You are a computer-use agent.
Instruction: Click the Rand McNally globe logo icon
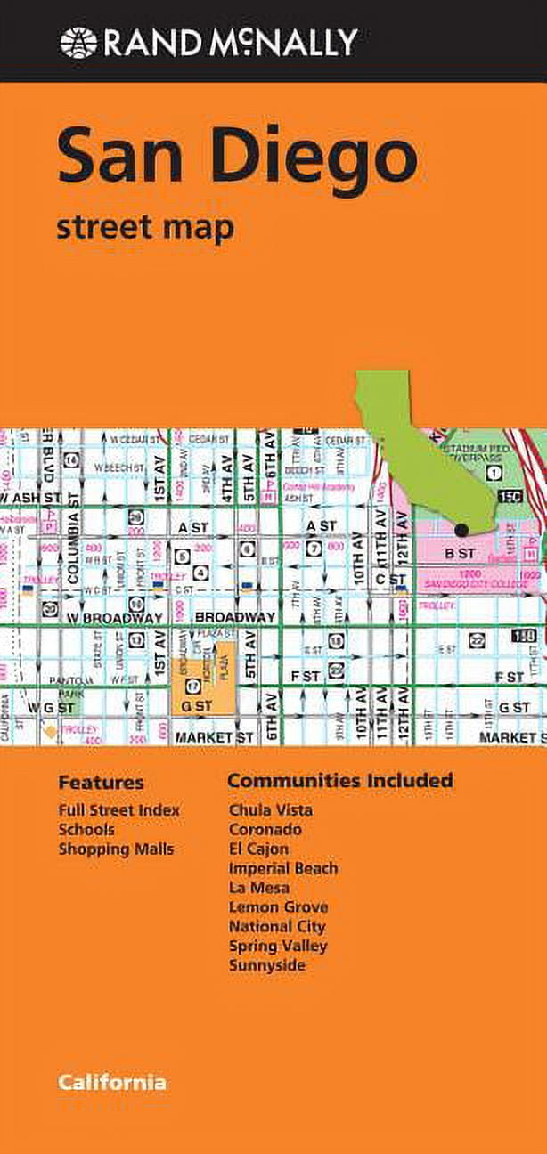coord(78,42)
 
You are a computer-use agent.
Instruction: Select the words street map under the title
coord(145,227)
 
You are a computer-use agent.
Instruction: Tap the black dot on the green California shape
coord(461,530)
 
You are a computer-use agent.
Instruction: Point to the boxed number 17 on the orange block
coord(192,661)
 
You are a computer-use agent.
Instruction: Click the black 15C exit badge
coord(511,495)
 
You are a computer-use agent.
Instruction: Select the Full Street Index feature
coord(118,810)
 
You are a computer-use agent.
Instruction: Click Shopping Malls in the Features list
coord(116,849)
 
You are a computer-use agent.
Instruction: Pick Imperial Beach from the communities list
coord(283,868)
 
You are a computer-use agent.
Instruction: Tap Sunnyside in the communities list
coord(266,965)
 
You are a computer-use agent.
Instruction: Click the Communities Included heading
coord(339,781)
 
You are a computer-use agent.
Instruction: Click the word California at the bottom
coord(112,1083)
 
